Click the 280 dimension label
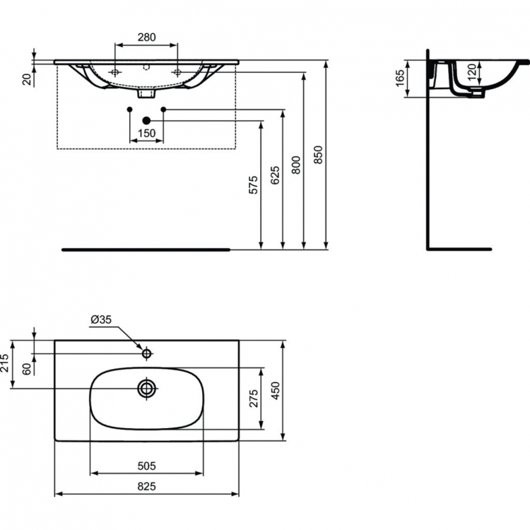click(x=146, y=37)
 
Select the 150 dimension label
click(x=146, y=134)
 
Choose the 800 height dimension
click(x=296, y=165)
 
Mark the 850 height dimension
click(x=318, y=154)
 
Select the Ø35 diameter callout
click(x=101, y=320)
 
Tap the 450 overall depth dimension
click(x=275, y=390)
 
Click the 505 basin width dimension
click(x=146, y=466)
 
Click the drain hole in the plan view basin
click(x=147, y=389)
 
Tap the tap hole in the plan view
click(x=147, y=353)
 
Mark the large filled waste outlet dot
click(x=146, y=121)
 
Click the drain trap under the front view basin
click(x=146, y=93)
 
